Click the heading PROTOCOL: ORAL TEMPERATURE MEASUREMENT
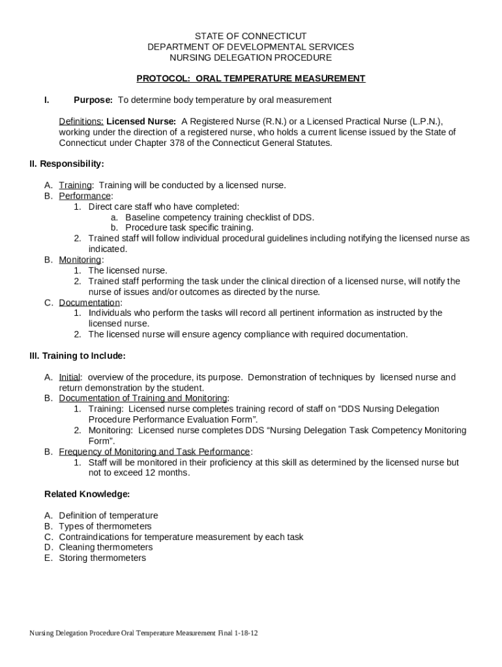250,79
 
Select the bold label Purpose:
93,100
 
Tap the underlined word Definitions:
81,121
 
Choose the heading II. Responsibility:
66,164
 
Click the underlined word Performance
85,196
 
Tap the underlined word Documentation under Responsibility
89,302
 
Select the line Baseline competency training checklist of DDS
219,217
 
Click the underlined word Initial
70,377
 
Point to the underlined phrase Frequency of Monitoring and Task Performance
155,451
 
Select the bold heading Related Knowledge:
87,494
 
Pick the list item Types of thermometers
105,526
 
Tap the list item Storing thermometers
102,558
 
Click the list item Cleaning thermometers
106,548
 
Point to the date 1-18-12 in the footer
247,633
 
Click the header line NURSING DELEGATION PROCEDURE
250,57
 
